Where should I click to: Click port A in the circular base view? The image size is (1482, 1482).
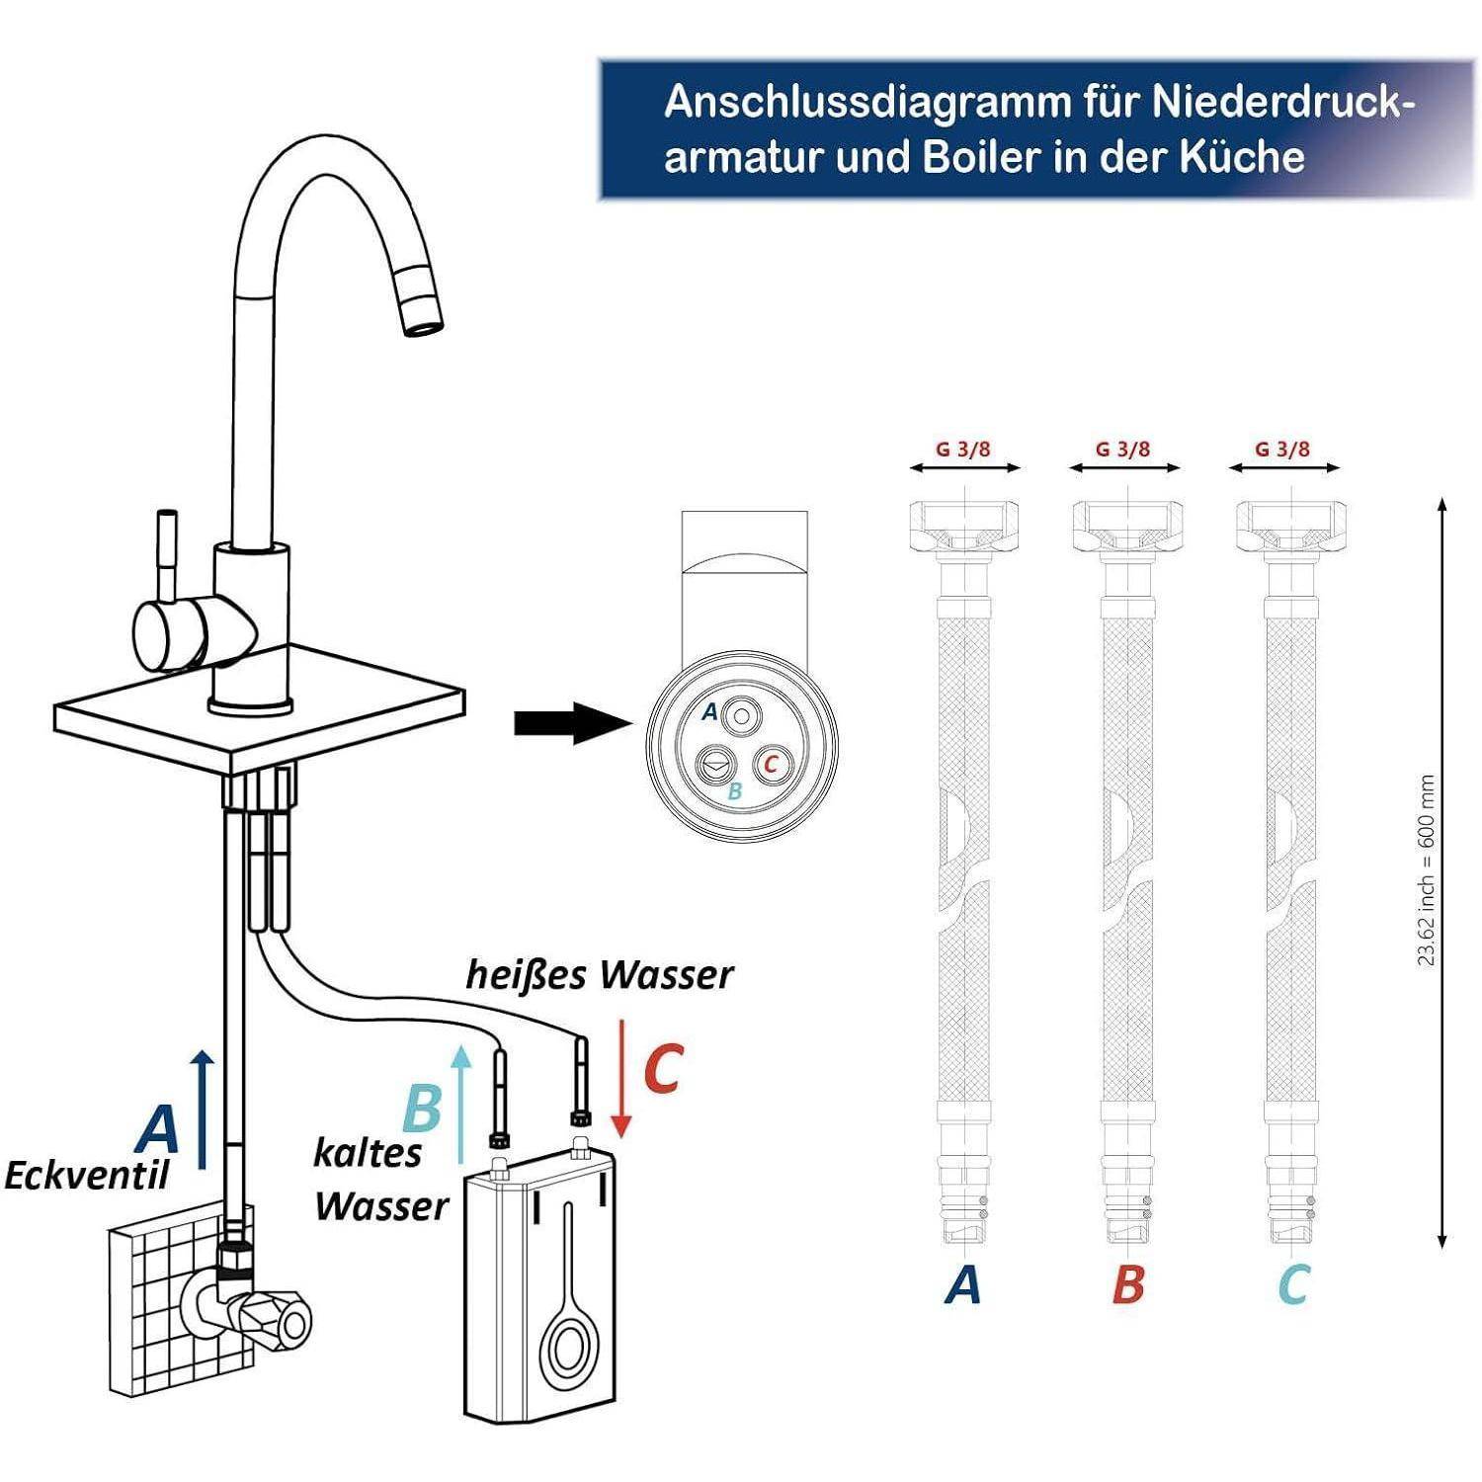pyautogui.click(x=743, y=714)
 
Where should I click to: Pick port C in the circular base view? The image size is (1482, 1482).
pyautogui.click(x=772, y=764)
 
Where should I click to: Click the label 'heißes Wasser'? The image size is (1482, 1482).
pyautogui.click(x=600, y=975)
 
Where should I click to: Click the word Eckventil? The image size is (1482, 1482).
pyautogui.click(x=87, y=1176)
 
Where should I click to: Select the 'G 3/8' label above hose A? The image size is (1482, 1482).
pyautogui.click(x=963, y=450)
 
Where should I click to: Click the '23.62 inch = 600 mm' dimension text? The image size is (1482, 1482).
pyautogui.click(x=1426, y=869)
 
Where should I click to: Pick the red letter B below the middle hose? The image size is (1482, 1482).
pyautogui.click(x=1127, y=1284)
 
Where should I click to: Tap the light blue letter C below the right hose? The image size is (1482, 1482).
pyautogui.click(x=1292, y=1284)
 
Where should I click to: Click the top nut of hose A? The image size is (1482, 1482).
pyautogui.click(x=963, y=526)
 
